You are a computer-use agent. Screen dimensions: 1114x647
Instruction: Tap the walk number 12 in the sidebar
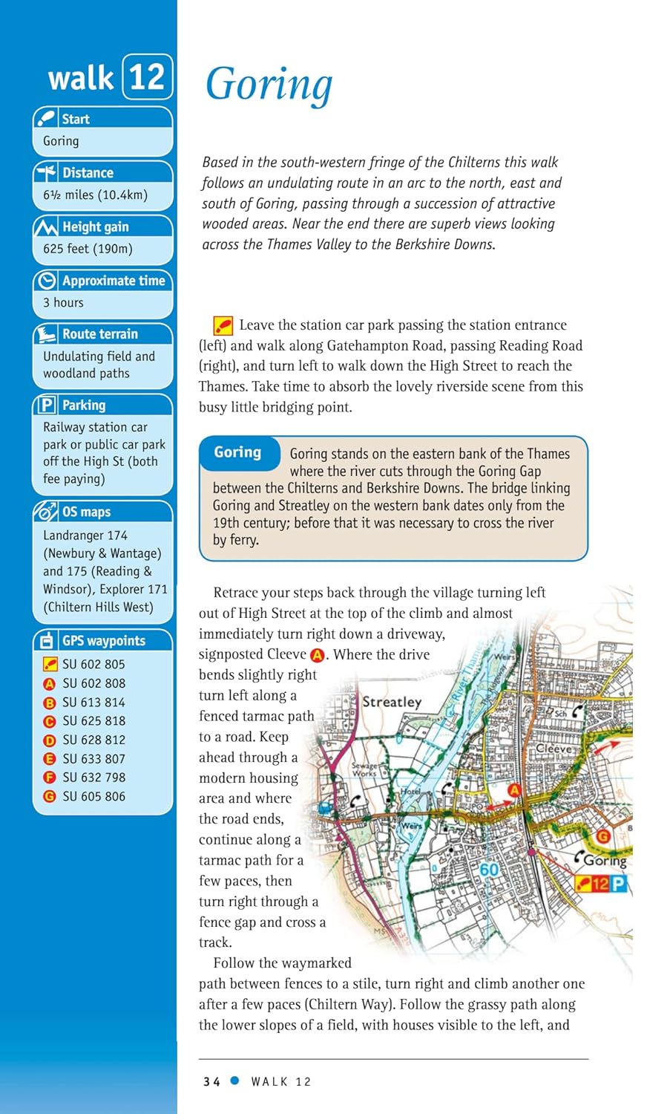147,76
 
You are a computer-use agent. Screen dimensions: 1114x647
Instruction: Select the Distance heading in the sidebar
88,173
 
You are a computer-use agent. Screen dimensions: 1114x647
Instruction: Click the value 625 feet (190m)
88,249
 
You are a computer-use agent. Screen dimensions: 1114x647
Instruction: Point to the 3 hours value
63,302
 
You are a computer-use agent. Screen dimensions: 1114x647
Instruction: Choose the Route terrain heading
99,334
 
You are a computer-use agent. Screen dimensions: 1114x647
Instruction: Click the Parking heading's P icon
47,405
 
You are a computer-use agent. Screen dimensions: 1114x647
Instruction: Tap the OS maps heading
86,512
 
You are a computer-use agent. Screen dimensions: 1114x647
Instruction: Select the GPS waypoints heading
103,641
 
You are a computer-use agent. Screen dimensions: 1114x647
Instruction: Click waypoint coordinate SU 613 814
93,702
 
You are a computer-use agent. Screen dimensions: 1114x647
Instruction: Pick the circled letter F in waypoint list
50,778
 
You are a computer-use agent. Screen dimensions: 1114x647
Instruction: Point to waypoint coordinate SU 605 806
93,796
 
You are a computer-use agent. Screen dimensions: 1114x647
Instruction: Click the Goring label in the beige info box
237,452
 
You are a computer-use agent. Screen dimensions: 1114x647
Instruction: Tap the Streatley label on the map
391,702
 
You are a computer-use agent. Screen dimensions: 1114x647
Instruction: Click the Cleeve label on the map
554,749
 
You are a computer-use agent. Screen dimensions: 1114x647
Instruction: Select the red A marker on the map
514,789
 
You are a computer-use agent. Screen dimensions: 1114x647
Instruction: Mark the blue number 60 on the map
489,870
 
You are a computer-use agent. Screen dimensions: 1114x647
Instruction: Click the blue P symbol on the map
619,884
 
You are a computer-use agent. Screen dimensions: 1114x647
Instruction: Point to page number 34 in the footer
211,1082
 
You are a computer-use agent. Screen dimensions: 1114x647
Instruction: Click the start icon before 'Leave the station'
223,325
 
